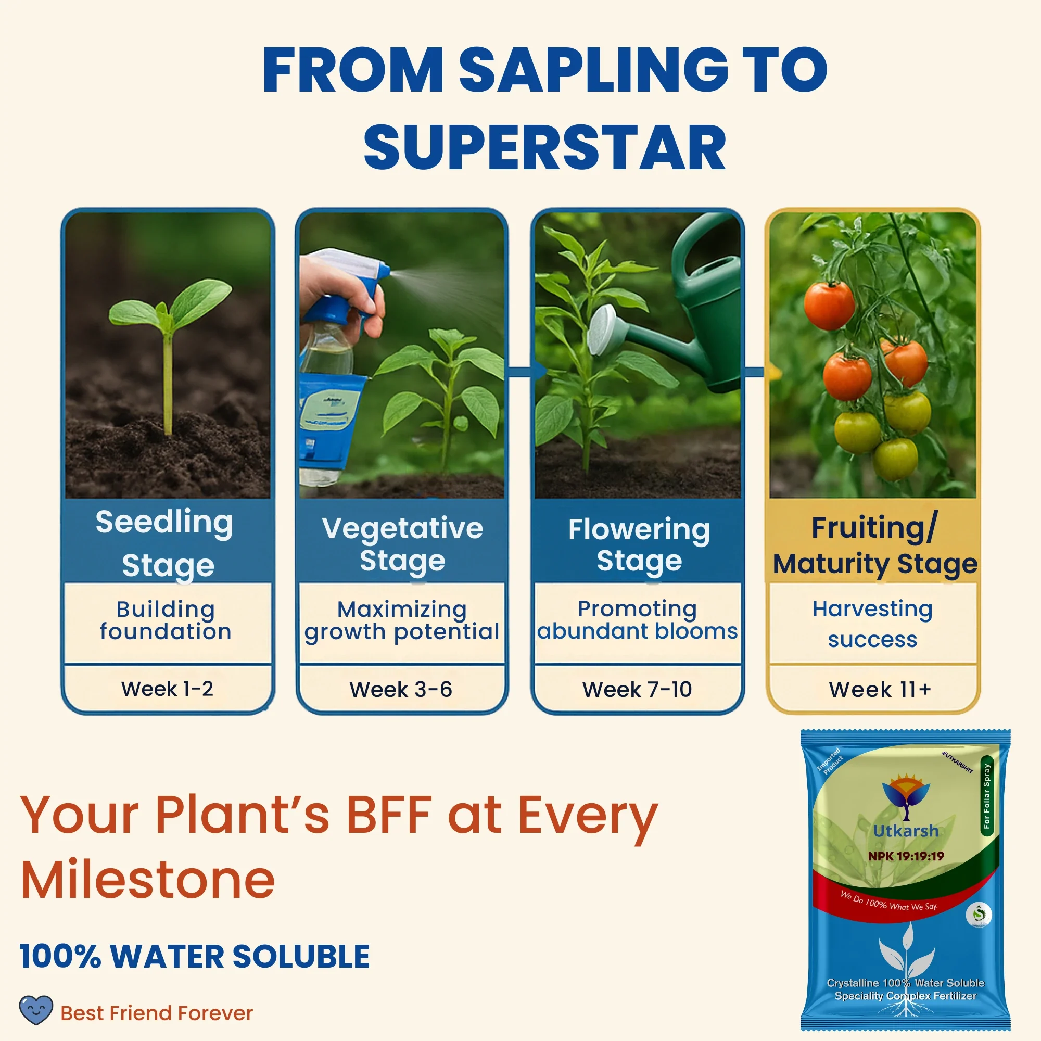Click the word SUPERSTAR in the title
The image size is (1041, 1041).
pyautogui.click(x=545, y=147)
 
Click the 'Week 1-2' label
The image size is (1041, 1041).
pyautogui.click(x=167, y=689)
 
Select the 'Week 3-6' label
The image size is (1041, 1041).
pyautogui.click(x=401, y=689)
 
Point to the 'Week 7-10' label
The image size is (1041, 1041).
pyautogui.click(x=637, y=689)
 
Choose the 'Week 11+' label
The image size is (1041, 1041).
pyautogui.click(x=879, y=689)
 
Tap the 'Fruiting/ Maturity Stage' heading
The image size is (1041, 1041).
pyautogui.click(x=874, y=545)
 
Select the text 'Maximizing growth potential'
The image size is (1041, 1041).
pyautogui.click(x=402, y=620)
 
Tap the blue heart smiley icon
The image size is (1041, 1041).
pyautogui.click(x=36, y=1010)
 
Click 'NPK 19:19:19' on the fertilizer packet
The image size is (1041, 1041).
pyautogui.click(x=906, y=856)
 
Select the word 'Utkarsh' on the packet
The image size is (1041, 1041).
pyautogui.click(x=906, y=831)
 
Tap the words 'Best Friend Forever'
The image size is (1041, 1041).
pyautogui.click(x=156, y=1013)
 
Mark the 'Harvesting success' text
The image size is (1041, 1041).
pyautogui.click(x=872, y=624)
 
